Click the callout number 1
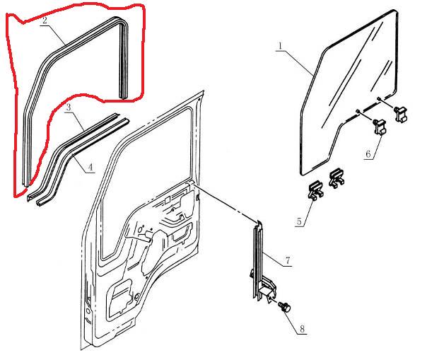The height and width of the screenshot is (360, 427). click(x=281, y=47)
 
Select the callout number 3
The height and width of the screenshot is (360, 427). click(x=68, y=108)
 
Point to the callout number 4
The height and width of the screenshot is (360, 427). click(x=90, y=167)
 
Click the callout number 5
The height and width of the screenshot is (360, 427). click(x=300, y=221)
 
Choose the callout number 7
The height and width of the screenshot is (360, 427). click(x=288, y=262)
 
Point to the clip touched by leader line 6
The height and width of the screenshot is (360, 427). click(x=380, y=127)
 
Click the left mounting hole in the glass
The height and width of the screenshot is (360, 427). click(x=359, y=110)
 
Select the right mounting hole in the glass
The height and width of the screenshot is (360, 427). click(x=380, y=98)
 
